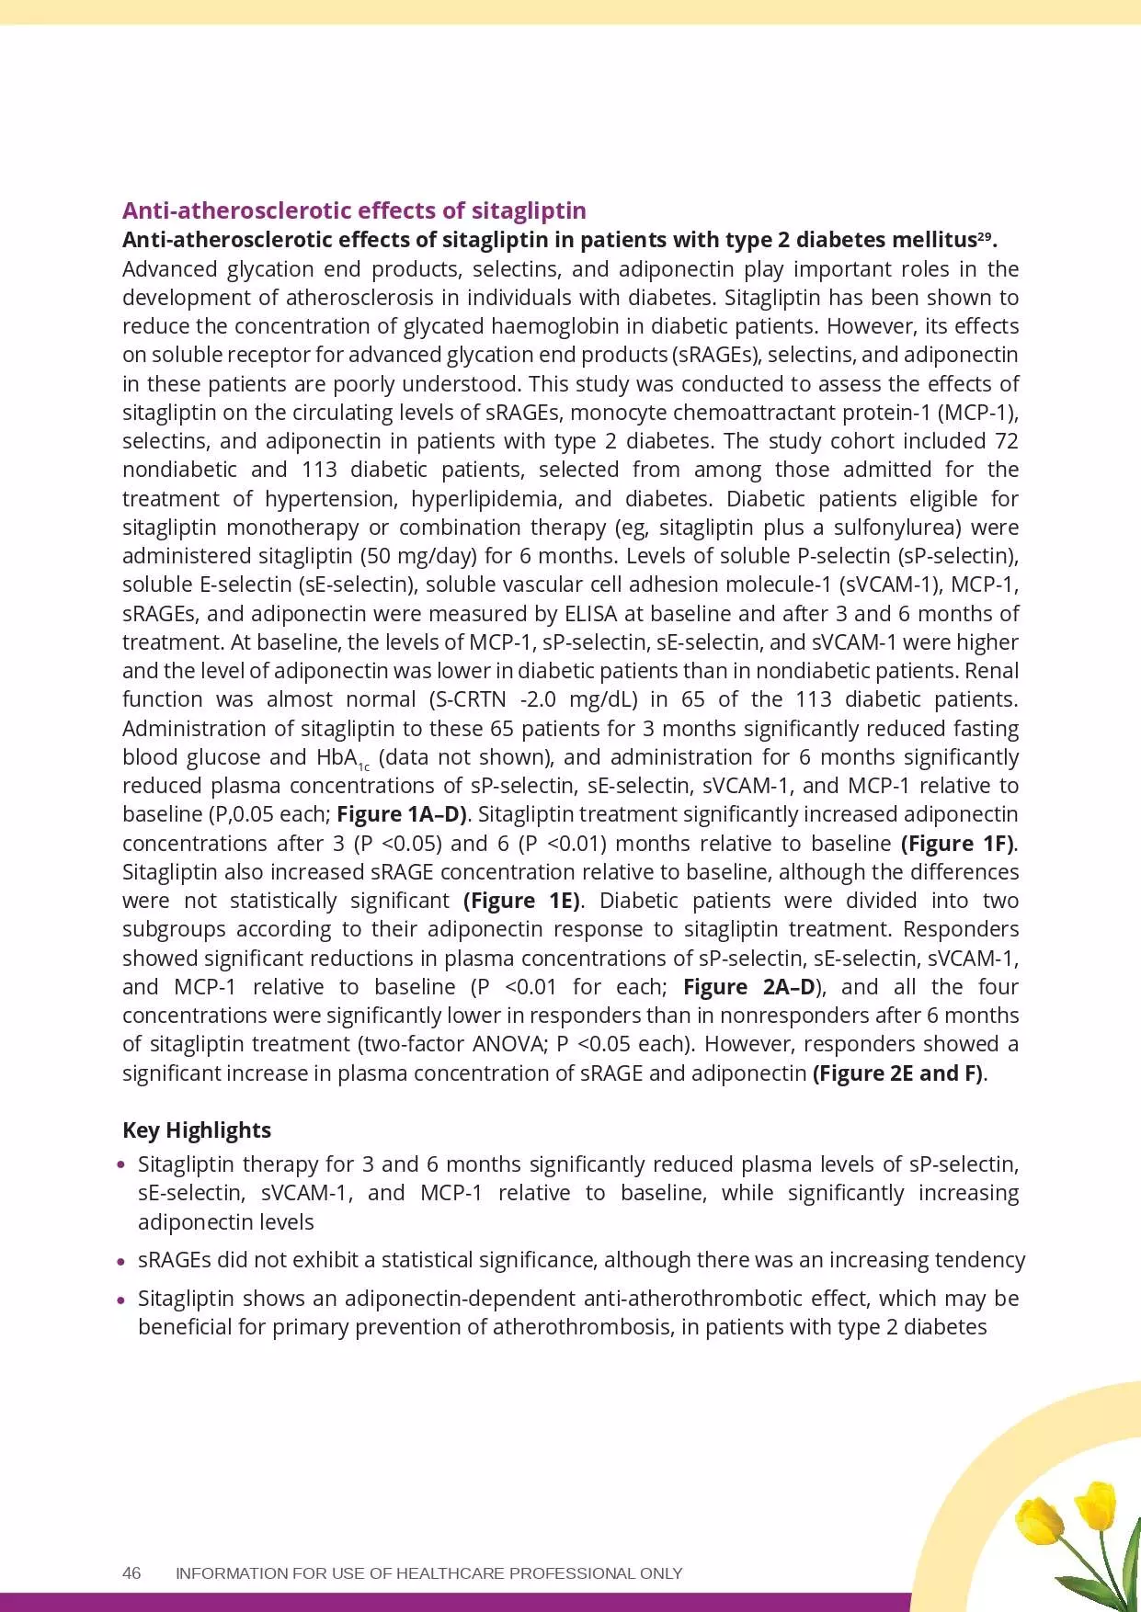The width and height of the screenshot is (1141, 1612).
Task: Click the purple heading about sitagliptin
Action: click(x=354, y=210)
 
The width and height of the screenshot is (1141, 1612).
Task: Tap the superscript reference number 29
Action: click(x=985, y=237)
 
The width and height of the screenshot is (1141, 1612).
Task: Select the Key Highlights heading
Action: click(x=197, y=1130)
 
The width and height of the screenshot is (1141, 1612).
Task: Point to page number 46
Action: click(x=131, y=1572)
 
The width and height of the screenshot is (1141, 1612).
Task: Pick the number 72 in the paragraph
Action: click(x=1006, y=441)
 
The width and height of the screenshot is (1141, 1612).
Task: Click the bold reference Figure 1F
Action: click(x=958, y=843)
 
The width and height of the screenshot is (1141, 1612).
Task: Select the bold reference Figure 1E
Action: click(x=521, y=901)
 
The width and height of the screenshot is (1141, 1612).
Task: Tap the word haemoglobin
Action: click(x=542, y=326)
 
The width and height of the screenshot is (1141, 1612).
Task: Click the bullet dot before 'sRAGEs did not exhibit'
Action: click(x=121, y=1261)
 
